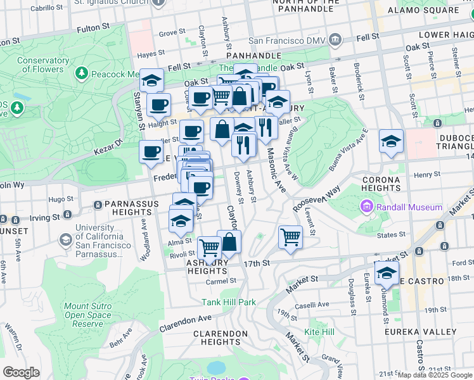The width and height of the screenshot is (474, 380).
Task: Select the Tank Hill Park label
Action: [229, 302]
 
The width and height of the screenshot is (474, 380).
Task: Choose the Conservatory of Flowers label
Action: [43, 65]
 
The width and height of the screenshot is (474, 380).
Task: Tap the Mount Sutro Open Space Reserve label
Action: [87, 315]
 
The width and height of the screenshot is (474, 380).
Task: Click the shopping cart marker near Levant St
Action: [290, 237]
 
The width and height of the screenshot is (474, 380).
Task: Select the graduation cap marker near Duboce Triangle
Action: [391, 141]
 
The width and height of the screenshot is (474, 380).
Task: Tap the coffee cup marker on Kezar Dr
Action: [151, 152]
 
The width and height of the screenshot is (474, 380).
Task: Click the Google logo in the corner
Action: [21, 372]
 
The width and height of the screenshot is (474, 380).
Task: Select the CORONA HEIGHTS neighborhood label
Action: [381, 184]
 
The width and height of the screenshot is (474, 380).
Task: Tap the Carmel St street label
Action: [221, 281]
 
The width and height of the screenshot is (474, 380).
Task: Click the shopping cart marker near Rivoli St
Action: [209, 247]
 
